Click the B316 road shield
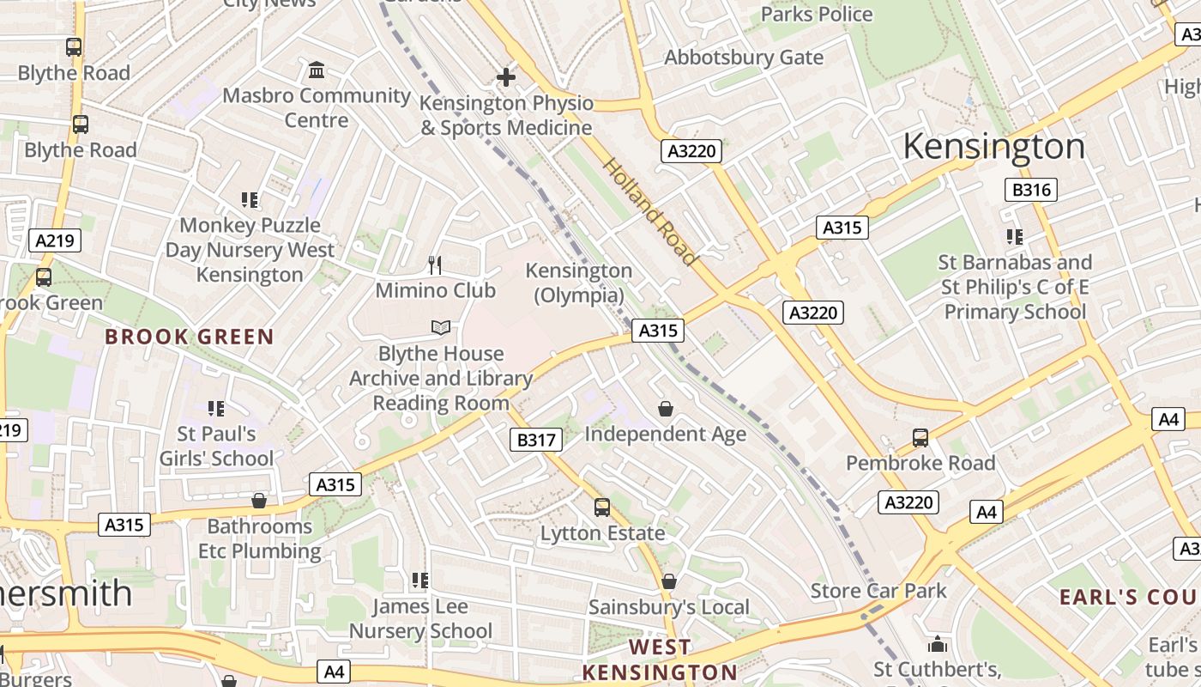[x=1030, y=190]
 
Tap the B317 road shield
[x=536, y=441]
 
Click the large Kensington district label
[x=993, y=147]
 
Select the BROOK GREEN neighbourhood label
[x=190, y=337]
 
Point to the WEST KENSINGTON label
[x=659, y=660]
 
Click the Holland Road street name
[x=649, y=211]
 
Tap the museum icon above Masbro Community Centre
[x=317, y=70]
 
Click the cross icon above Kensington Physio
[x=506, y=77]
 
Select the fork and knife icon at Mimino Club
[x=435, y=264]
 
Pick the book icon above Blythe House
[x=440, y=327]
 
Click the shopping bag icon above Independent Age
[x=665, y=409]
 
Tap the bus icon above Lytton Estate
[x=602, y=508]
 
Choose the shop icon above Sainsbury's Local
[x=668, y=582]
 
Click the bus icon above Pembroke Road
[x=920, y=438]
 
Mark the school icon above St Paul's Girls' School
[x=216, y=409]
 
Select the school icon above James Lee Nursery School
[x=419, y=581]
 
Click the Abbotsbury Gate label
[x=744, y=58]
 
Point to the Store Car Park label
[x=878, y=591]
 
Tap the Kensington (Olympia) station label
[x=578, y=283]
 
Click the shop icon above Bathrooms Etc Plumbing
[x=259, y=501]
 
